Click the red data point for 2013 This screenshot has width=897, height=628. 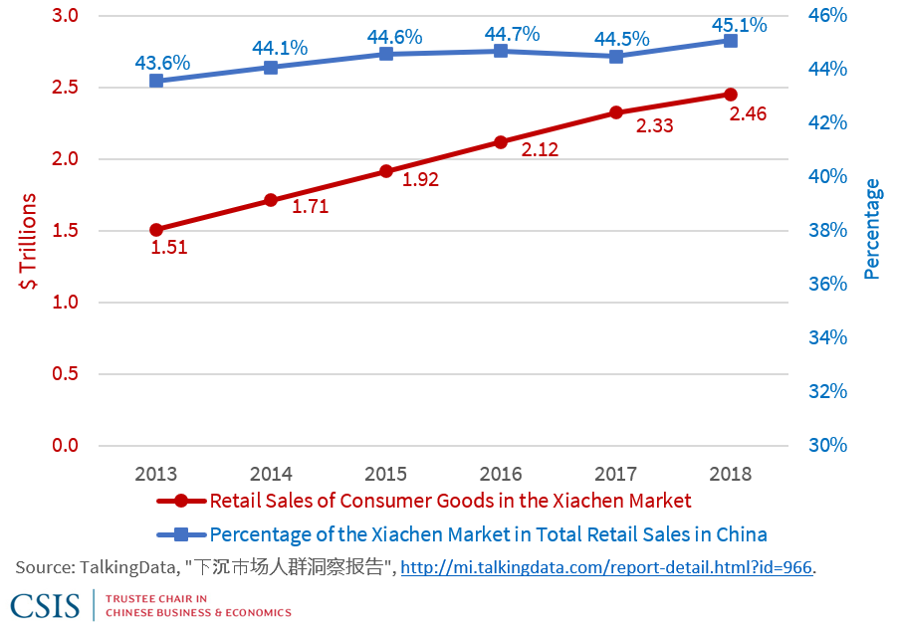[156, 230]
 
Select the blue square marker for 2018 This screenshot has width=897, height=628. [731, 41]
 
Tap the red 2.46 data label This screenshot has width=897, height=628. [748, 114]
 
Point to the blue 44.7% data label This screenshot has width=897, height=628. [512, 34]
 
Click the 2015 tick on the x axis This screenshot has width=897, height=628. [386, 473]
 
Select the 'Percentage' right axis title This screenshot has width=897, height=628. [872, 229]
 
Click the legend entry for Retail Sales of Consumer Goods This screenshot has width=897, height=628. [450, 501]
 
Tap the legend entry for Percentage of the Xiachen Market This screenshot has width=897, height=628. [488, 534]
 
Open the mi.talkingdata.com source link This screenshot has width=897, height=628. [606, 567]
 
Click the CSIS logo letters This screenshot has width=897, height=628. [45, 605]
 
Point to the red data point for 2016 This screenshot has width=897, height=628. [501, 142]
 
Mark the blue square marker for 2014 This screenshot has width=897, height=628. [271, 68]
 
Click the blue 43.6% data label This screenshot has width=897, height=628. [162, 63]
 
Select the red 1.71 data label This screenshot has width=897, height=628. [310, 207]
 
